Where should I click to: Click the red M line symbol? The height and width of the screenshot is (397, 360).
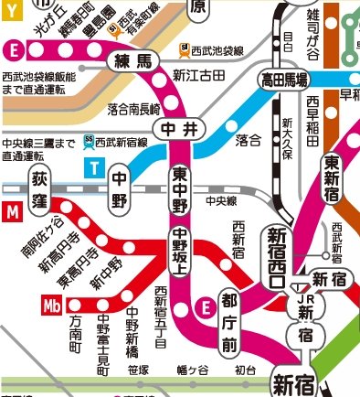click(11, 212)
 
